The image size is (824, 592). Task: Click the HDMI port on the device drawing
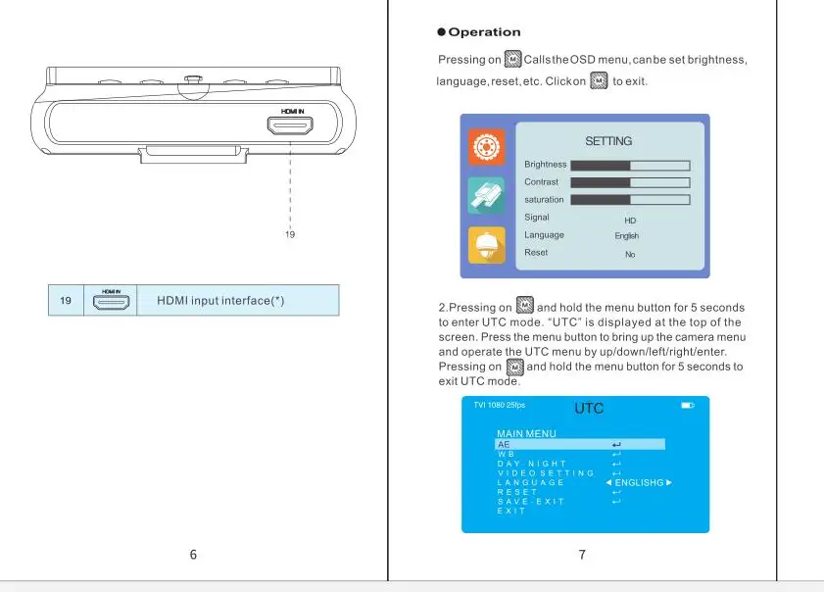coord(291,125)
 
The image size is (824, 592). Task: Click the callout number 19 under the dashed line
coord(290,235)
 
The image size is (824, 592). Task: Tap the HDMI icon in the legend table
coord(112,301)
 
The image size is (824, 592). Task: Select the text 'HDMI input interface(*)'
coord(220,300)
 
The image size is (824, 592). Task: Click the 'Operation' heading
coord(484,32)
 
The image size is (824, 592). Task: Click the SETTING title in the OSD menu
coord(608,141)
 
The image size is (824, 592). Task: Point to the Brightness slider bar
coord(630,166)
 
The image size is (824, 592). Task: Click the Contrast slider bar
coord(630,183)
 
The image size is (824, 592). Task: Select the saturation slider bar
coord(630,200)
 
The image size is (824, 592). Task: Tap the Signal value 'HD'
coord(630,221)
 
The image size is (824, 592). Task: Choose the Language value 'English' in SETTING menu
coord(627,236)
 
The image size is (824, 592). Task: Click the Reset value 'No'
coord(630,254)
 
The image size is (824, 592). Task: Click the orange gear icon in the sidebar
coord(486,147)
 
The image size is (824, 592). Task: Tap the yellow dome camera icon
coord(486,244)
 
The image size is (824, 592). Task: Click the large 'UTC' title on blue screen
coord(589,409)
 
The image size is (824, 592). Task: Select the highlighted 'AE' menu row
coord(579,445)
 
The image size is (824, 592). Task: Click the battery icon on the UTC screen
coord(687,406)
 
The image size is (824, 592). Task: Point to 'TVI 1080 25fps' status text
coord(500,405)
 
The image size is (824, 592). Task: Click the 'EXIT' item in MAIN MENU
coord(510,511)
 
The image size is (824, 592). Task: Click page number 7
coord(582,555)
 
